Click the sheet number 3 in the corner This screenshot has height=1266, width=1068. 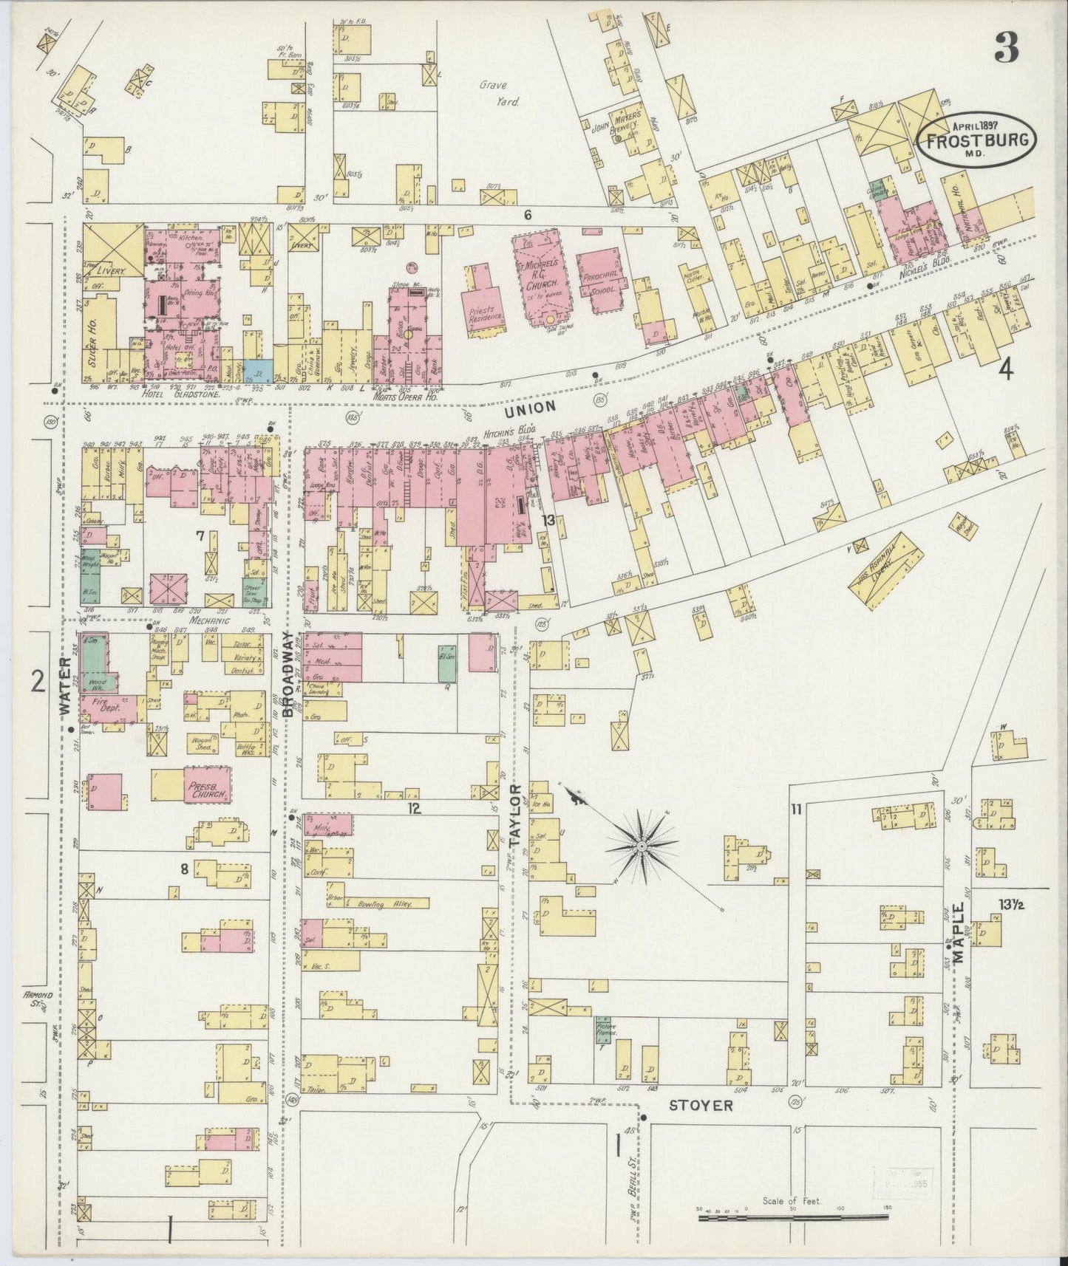[x=1006, y=49]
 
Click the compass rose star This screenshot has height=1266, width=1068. [x=642, y=843]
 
